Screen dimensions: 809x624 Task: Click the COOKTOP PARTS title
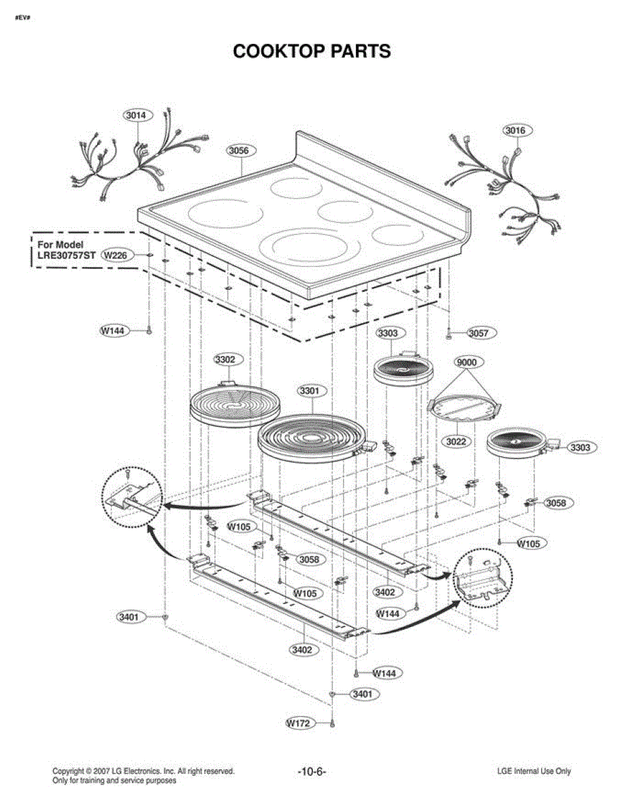[311, 51]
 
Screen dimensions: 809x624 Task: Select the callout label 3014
[137, 115]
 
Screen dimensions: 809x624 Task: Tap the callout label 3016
[518, 130]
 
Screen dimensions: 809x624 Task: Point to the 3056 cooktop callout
[239, 151]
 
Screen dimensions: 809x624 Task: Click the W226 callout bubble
[119, 256]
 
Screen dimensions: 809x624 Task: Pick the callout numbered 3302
[225, 360]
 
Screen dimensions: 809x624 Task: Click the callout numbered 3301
[311, 391]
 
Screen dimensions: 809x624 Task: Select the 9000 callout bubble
[466, 363]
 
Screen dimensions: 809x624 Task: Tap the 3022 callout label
[458, 441]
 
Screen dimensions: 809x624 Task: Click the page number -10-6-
[311, 771]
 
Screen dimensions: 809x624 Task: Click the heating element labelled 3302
[229, 404]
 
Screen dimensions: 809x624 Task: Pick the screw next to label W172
[332, 723]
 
